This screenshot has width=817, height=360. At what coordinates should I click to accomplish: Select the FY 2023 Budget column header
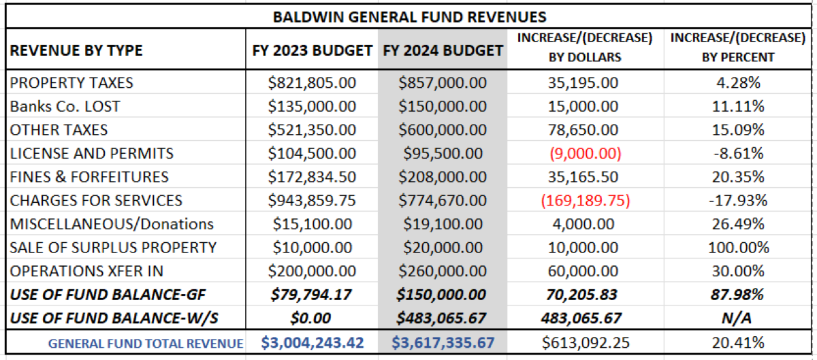(x=311, y=50)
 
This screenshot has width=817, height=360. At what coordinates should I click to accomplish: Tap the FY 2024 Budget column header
(x=443, y=50)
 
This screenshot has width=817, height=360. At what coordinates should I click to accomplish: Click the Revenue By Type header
(x=76, y=51)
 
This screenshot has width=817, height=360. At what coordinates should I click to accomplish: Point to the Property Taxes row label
(x=71, y=83)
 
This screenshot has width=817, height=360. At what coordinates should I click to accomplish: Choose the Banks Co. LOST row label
(x=65, y=107)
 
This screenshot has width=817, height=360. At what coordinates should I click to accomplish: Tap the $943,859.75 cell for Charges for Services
(x=310, y=201)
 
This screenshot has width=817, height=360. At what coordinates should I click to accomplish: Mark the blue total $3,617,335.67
(x=443, y=342)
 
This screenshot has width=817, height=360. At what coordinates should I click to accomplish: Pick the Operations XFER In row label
(x=86, y=271)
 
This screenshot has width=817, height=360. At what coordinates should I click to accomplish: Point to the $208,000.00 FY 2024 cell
(x=443, y=177)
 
